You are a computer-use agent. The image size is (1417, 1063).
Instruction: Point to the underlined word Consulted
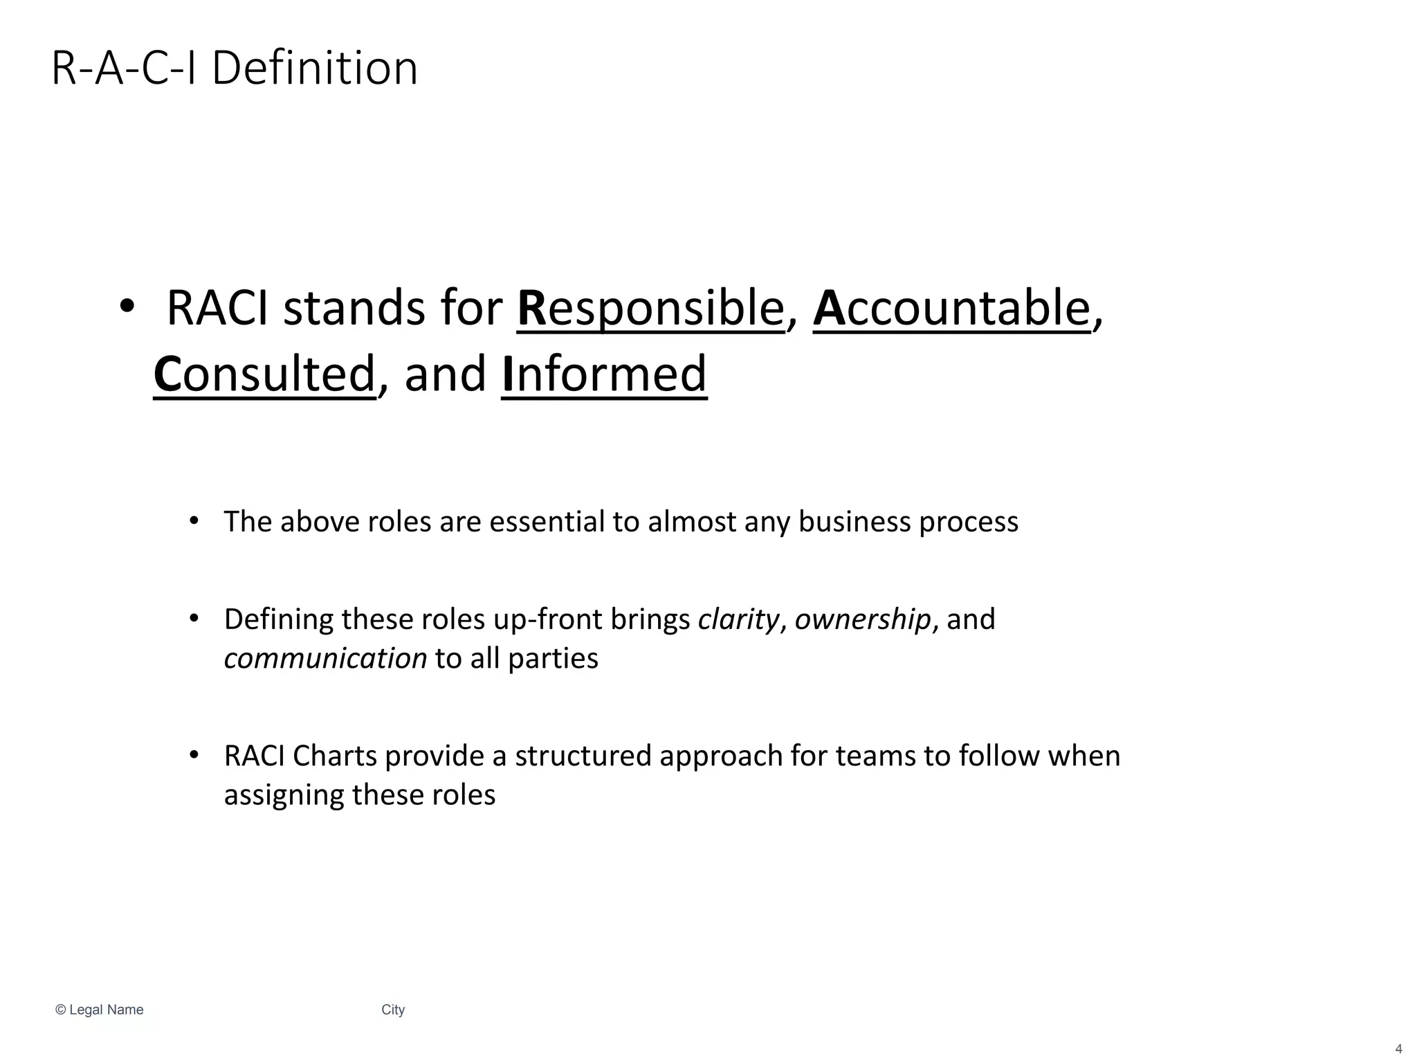[264, 374]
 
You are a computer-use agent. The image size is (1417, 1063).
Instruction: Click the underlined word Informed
[604, 374]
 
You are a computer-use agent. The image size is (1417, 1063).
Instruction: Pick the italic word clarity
[738, 619]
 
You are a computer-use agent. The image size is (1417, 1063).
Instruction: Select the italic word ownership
[863, 619]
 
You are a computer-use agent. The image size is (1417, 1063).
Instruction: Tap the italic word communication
[325, 658]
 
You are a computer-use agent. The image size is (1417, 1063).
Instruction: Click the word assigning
[284, 795]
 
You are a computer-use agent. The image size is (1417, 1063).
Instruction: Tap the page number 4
[1398, 1049]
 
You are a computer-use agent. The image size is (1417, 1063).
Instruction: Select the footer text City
[393, 1010]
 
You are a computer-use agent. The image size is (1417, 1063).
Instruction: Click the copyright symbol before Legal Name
[60, 1010]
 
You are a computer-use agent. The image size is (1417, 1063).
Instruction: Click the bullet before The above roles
[194, 520]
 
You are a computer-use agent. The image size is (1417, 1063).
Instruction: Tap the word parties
[553, 658]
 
